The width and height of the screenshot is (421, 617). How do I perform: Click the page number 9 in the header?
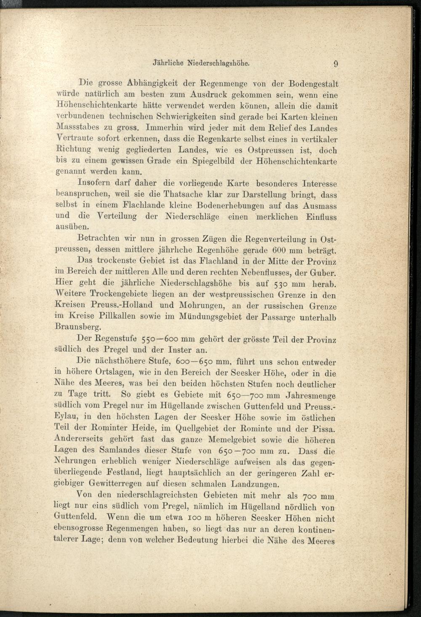pyautogui.click(x=336, y=64)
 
